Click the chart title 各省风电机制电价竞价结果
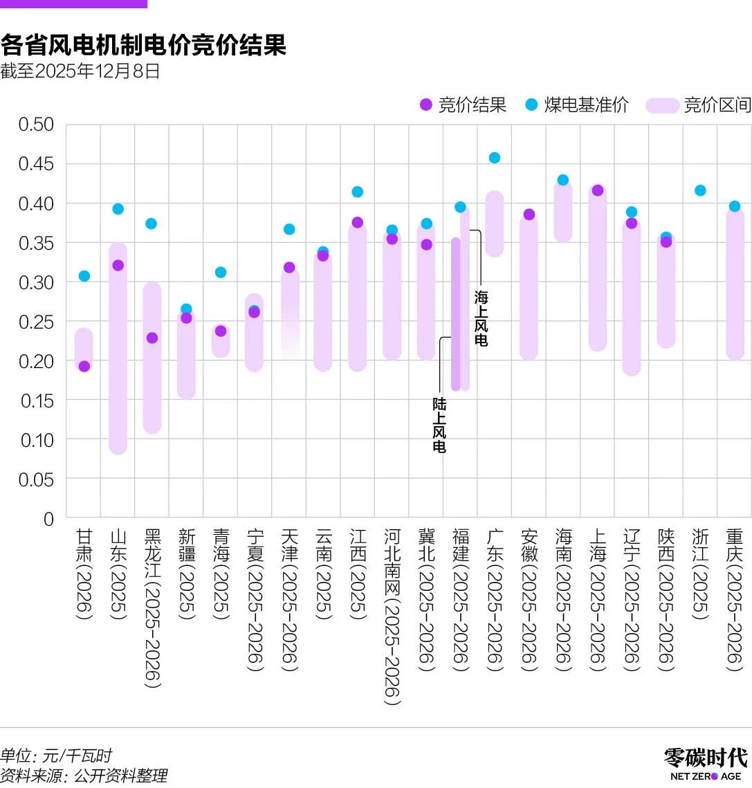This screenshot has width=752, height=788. (x=143, y=46)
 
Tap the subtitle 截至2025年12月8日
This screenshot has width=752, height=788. (x=80, y=71)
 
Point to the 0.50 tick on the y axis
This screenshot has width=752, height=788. (x=36, y=125)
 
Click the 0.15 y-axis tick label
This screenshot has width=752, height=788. (x=36, y=401)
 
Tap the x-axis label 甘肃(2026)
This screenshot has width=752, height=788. (x=84, y=574)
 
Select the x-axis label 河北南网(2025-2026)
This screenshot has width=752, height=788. (x=392, y=616)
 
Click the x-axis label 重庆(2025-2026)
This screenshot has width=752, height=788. (x=734, y=599)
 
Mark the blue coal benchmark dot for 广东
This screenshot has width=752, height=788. (x=495, y=158)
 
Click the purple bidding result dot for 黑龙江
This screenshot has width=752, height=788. (x=152, y=338)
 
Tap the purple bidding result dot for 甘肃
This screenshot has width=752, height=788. (x=84, y=366)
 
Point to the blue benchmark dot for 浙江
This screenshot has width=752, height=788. (x=700, y=190)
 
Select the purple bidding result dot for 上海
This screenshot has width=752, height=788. (x=598, y=190)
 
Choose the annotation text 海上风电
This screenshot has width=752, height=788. (x=481, y=318)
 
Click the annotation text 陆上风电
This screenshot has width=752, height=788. (x=439, y=425)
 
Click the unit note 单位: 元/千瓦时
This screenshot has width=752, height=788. (x=56, y=755)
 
